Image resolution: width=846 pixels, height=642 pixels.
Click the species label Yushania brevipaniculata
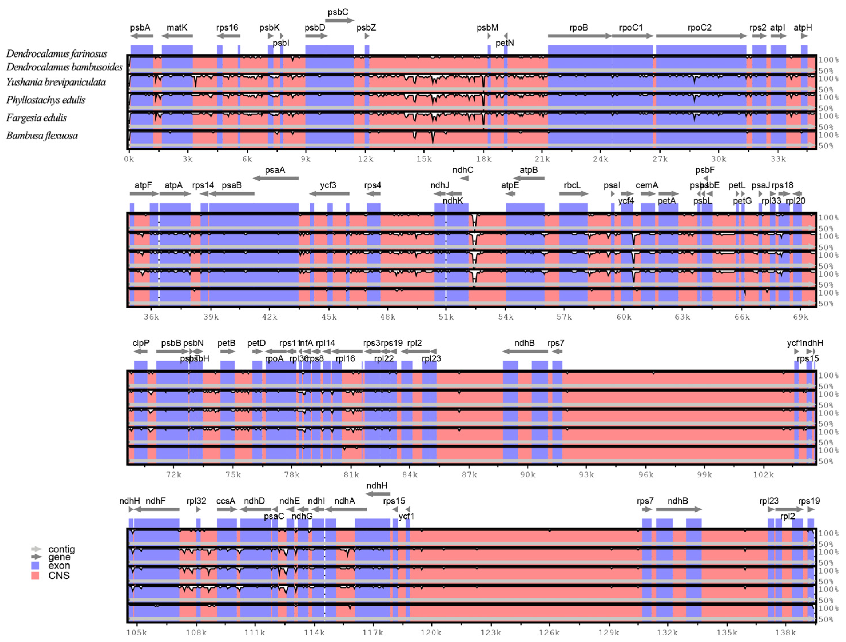56,82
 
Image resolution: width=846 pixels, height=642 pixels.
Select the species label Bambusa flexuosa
42,136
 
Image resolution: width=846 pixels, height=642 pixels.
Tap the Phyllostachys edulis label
45,100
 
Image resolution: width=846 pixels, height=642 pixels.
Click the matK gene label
177,27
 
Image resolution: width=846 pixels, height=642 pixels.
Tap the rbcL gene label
572,185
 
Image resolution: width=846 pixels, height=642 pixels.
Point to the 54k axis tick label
506,317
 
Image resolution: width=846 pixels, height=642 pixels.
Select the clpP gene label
141,343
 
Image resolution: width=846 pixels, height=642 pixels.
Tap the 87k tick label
469,475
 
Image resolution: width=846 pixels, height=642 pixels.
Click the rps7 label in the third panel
556,343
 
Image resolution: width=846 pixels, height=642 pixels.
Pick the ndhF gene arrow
156,509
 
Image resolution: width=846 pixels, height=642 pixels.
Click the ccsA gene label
226,501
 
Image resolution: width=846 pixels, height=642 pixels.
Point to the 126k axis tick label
549,633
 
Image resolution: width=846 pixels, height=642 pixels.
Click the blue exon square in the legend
35,566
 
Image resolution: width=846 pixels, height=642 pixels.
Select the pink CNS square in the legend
35,575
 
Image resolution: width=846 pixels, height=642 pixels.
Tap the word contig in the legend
61,549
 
